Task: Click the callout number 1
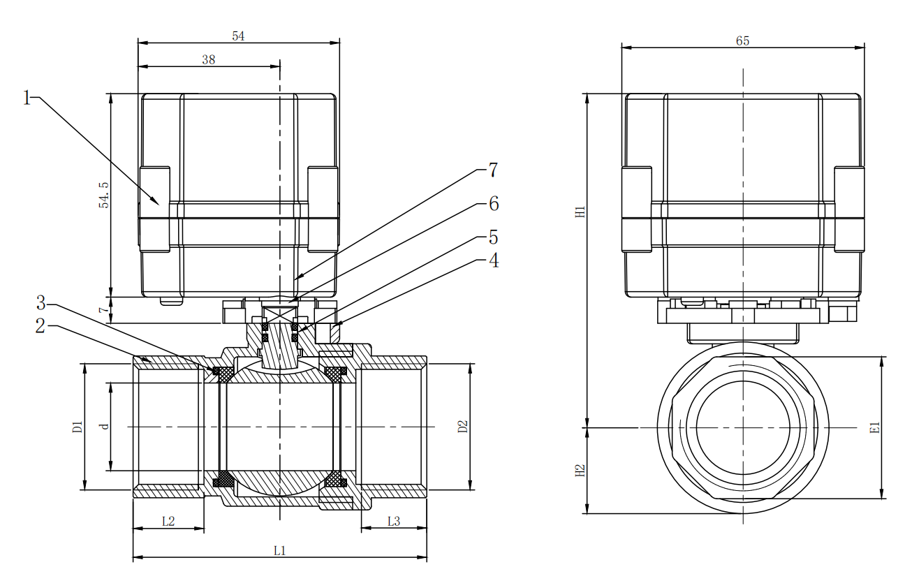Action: [x=27, y=98]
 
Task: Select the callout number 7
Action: [x=493, y=170]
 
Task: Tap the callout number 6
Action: [x=493, y=204]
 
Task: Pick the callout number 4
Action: [x=493, y=261]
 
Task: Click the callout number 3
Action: [x=41, y=304]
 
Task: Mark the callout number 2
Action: [x=41, y=325]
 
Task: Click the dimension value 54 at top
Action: [x=238, y=36]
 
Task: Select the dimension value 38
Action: [x=209, y=60]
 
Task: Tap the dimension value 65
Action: [x=742, y=41]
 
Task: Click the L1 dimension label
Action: [x=280, y=551]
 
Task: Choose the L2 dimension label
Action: [x=168, y=521]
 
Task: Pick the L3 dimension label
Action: [x=393, y=521]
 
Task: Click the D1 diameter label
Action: [x=78, y=427]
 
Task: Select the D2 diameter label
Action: [x=462, y=427]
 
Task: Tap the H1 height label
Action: [x=580, y=212]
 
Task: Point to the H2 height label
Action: [x=580, y=471]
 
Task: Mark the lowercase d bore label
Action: [x=104, y=426]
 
